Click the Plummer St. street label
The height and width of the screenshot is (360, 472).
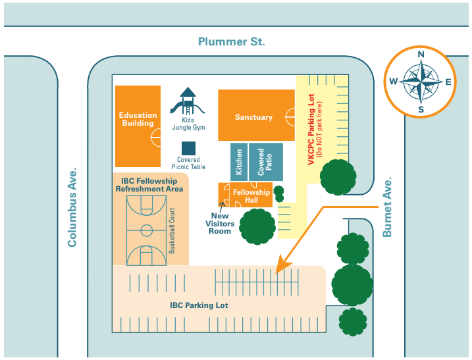click(232, 41)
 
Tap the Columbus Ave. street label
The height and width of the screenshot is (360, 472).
click(72, 207)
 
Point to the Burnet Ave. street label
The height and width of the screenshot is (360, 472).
click(387, 207)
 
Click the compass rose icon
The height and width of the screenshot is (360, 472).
click(421, 82)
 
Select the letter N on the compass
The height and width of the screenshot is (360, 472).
click(421, 55)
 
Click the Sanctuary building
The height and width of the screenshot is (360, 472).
click(253, 117)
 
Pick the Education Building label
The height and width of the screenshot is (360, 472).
click(138, 119)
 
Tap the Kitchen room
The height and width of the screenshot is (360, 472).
click(238, 161)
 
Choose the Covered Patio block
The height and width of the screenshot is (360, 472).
click(265, 161)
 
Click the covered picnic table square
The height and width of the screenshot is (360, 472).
click(189, 149)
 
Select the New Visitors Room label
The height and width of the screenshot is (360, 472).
click(220, 223)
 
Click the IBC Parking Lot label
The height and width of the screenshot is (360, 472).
click(199, 305)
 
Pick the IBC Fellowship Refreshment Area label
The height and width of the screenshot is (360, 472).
click(149, 185)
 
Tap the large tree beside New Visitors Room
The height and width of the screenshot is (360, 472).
click(257, 226)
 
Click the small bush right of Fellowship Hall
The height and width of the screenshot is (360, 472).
click(278, 193)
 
